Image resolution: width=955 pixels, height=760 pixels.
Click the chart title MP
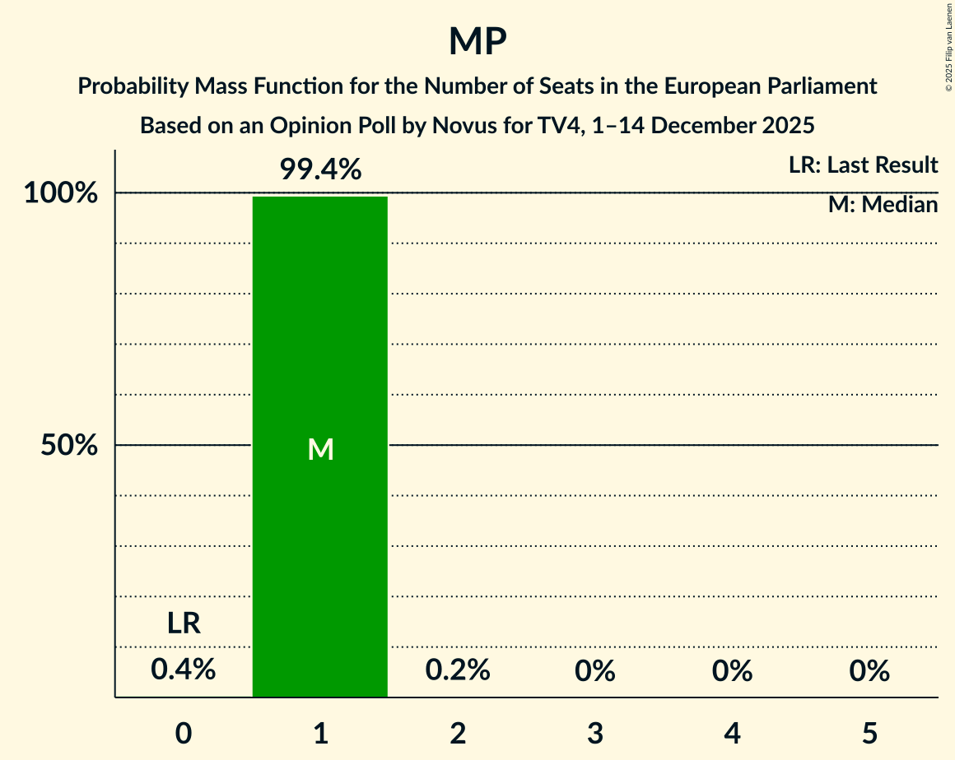477,41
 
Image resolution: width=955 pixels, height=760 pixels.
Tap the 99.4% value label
320,170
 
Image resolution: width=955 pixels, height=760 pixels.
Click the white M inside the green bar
320,449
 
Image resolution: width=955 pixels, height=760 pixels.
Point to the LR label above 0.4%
184,623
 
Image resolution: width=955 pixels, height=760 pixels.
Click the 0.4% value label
184,670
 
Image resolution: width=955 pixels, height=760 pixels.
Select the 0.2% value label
458,670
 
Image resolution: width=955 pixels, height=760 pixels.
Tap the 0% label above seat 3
595,671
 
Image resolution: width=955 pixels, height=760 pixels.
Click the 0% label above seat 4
733,671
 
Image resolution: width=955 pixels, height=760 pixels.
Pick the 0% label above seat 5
870,671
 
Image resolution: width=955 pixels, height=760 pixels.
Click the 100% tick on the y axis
61,194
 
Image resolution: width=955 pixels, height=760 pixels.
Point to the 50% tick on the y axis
69,446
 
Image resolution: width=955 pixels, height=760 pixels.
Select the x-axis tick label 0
184,733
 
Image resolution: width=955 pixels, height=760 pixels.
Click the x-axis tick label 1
320,733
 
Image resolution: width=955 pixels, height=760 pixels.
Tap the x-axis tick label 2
458,733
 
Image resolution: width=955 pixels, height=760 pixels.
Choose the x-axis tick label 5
870,733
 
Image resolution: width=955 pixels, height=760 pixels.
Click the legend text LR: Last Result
863,165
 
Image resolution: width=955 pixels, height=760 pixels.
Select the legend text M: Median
883,205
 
